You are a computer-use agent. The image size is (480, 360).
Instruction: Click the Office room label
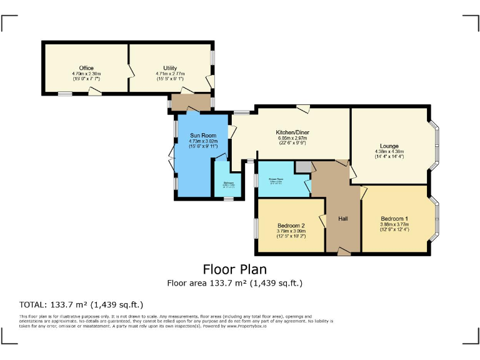86,67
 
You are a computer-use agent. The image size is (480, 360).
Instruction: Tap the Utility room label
170,67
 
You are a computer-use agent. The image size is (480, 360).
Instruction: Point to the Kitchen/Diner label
292,132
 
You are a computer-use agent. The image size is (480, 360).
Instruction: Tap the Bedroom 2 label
291,225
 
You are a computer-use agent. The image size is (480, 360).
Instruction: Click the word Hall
343,218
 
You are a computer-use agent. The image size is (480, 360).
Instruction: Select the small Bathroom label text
224,182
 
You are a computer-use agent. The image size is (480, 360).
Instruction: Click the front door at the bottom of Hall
344,251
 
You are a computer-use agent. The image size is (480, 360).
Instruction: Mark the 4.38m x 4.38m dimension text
389,151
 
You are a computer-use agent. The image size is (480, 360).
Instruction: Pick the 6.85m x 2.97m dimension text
292,138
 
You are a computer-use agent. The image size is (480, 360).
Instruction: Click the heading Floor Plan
234,269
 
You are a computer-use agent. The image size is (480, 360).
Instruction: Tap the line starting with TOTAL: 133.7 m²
81,305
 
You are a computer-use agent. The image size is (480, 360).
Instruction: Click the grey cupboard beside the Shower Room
303,167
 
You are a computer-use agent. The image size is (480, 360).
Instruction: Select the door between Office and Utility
130,68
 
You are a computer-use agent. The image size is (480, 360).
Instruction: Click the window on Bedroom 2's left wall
256,226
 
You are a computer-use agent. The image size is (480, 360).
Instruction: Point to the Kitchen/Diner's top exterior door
303,109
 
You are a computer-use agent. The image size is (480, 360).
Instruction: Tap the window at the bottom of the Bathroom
229,199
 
